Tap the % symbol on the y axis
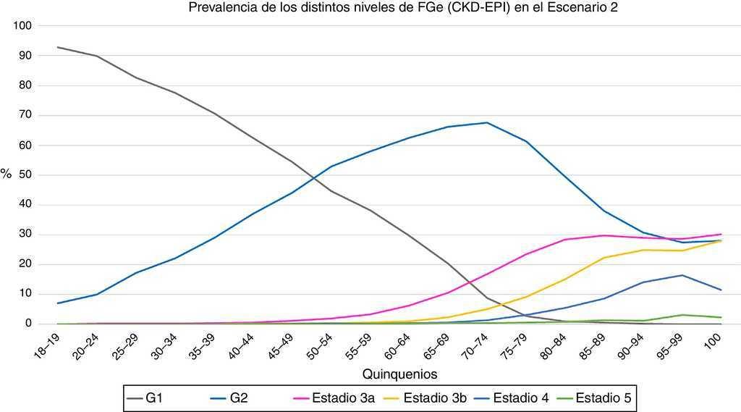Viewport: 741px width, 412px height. [6, 174]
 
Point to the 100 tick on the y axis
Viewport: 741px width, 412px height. [24, 26]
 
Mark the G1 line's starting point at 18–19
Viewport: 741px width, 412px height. [57, 47]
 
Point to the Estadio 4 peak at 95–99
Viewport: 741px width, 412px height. [681, 275]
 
